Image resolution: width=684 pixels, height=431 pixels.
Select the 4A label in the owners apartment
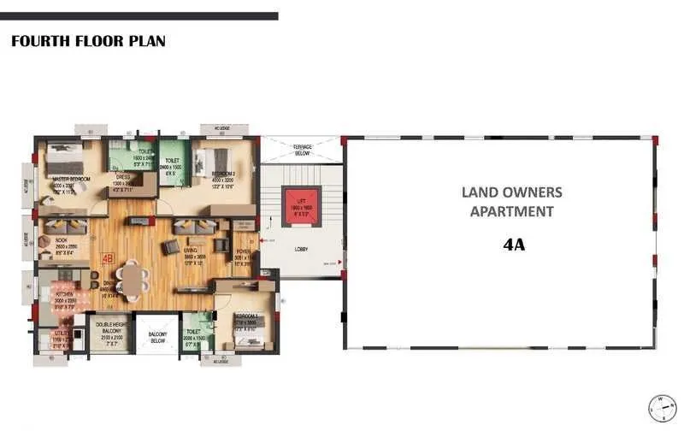point(513,245)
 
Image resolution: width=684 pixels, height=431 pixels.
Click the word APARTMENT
point(512,211)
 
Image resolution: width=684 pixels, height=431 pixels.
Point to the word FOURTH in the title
point(37,40)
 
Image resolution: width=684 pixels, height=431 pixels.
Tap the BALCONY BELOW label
point(157,336)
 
